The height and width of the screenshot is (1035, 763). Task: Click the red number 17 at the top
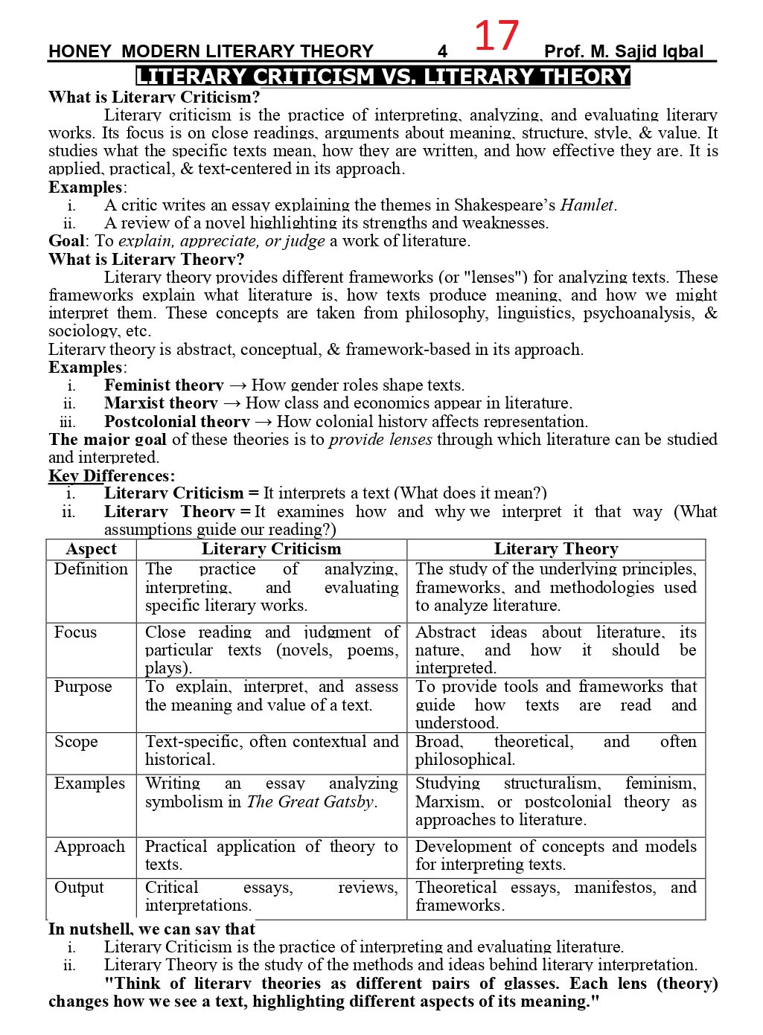tap(496, 35)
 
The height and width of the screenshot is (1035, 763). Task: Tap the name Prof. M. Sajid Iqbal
tap(623, 51)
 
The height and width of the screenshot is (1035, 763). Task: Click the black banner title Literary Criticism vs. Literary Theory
tap(383, 77)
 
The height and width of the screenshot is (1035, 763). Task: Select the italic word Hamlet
tap(587, 205)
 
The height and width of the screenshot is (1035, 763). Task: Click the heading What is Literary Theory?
tap(146, 260)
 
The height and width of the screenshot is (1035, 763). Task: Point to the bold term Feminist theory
tap(164, 385)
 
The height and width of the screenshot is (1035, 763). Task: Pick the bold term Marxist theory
tap(161, 403)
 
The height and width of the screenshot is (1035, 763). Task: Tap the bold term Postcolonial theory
tap(176, 421)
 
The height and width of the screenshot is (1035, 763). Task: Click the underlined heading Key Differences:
tap(112, 475)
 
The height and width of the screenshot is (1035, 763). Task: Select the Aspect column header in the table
tap(91, 549)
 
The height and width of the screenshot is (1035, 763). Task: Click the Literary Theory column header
tap(556, 549)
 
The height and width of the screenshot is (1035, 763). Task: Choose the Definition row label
tap(91, 569)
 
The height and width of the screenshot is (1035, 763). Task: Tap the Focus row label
tap(75, 632)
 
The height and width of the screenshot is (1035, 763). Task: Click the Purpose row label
tap(83, 687)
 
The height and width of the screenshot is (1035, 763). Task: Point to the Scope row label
tap(76, 742)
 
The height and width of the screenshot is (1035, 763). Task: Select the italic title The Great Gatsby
tap(311, 802)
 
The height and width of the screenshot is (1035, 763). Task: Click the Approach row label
tap(89, 847)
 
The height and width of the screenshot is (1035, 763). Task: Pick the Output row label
tap(79, 888)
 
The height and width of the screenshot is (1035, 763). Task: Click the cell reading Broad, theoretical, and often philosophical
tap(555, 751)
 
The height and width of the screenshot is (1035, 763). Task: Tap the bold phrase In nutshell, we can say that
tap(152, 929)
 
